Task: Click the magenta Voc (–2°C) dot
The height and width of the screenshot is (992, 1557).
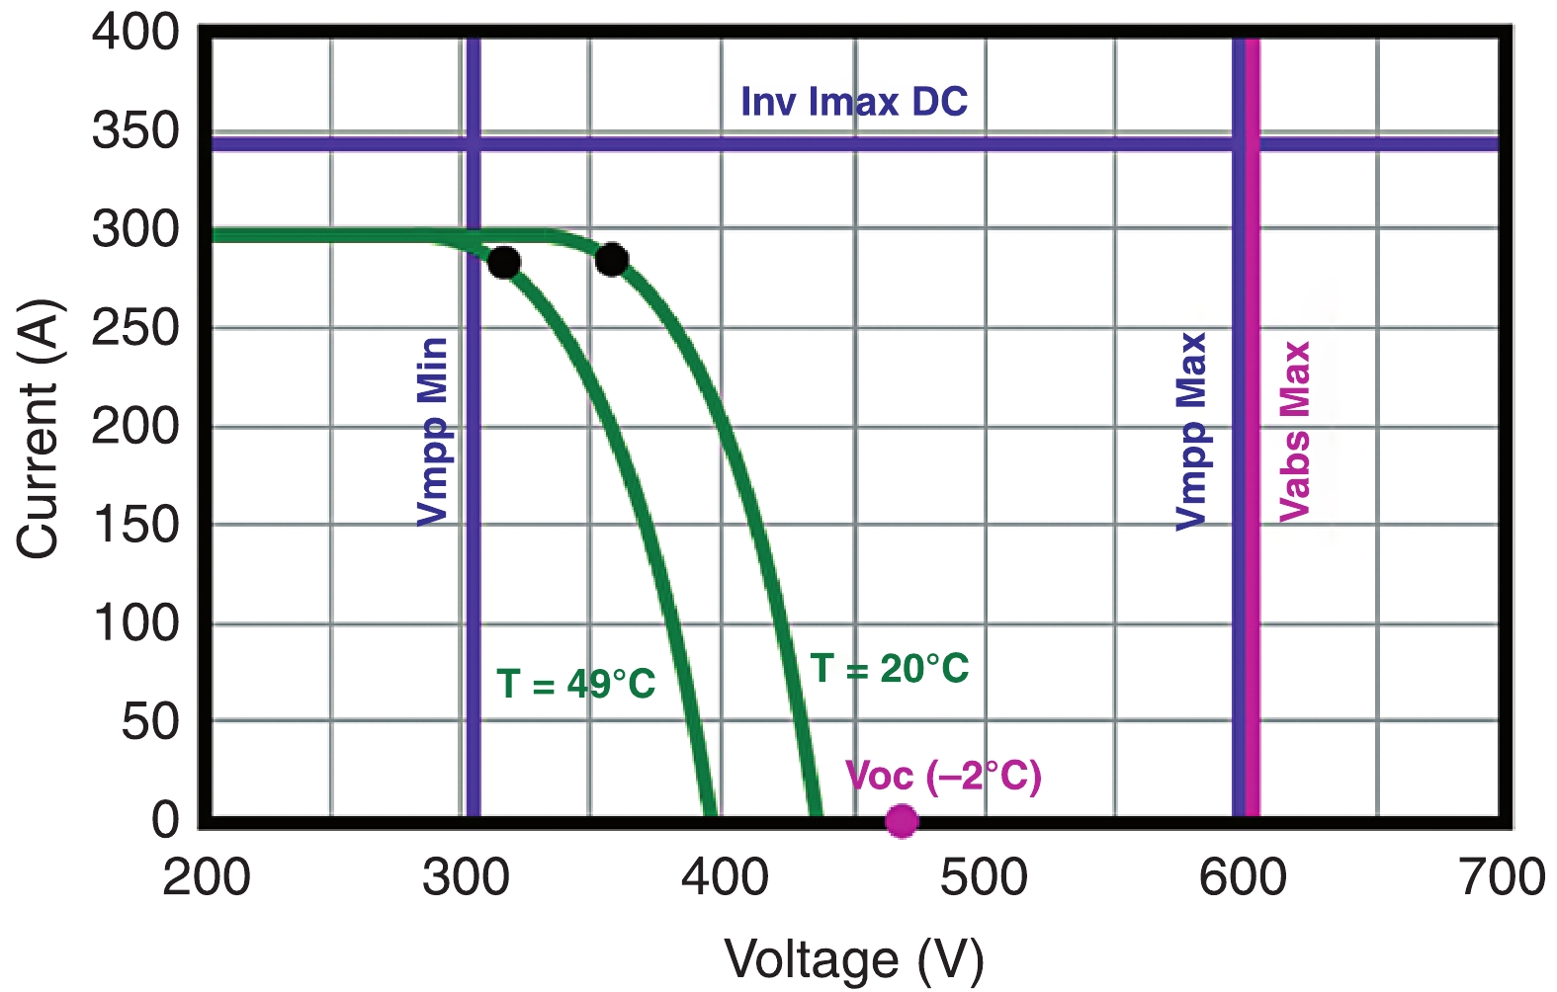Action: pyautogui.click(x=901, y=820)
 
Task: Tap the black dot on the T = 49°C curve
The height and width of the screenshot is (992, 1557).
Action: pyautogui.click(x=504, y=263)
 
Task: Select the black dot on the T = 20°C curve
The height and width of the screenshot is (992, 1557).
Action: pyautogui.click(x=612, y=260)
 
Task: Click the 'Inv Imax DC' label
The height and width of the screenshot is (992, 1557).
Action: pyautogui.click(x=854, y=102)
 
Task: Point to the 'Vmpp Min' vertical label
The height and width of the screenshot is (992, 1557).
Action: pyautogui.click(x=433, y=431)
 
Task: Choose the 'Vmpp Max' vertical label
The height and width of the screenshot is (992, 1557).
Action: pyautogui.click(x=1192, y=431)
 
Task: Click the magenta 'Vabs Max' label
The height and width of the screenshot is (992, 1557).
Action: pyautogui.click(x=1295, y=431)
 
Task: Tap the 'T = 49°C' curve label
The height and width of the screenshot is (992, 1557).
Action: pyautogui.click(x=575, y=684)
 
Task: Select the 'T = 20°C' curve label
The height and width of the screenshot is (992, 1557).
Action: pyautogui.click(x=890, y=669)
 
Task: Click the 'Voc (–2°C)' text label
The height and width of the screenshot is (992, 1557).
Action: pyautogui.click(x=943, y=777)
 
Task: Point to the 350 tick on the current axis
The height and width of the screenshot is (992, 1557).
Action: pyautogui.click(x=136, y=130)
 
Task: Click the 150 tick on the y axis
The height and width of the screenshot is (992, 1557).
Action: pyautogui.click(x=136, y=525)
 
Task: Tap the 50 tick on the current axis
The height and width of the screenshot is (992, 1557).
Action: pyautogui.click(x=150, y=722)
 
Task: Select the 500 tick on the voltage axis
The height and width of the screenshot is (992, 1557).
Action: pyautogui.click(x=984, y=877)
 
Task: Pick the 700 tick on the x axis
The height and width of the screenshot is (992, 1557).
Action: pyautogui.click(x=1502, y=877)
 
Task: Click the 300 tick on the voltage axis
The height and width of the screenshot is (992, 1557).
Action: pyautogui.click(x=466, y=877)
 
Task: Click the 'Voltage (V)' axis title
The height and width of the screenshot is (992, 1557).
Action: pyautogui.click(x=854, y=959)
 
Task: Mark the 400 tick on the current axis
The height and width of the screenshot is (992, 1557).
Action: pyautogui.click(x=136, y=33)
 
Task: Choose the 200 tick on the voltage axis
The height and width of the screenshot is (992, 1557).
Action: pyautogui.click(x=207, y=877)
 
